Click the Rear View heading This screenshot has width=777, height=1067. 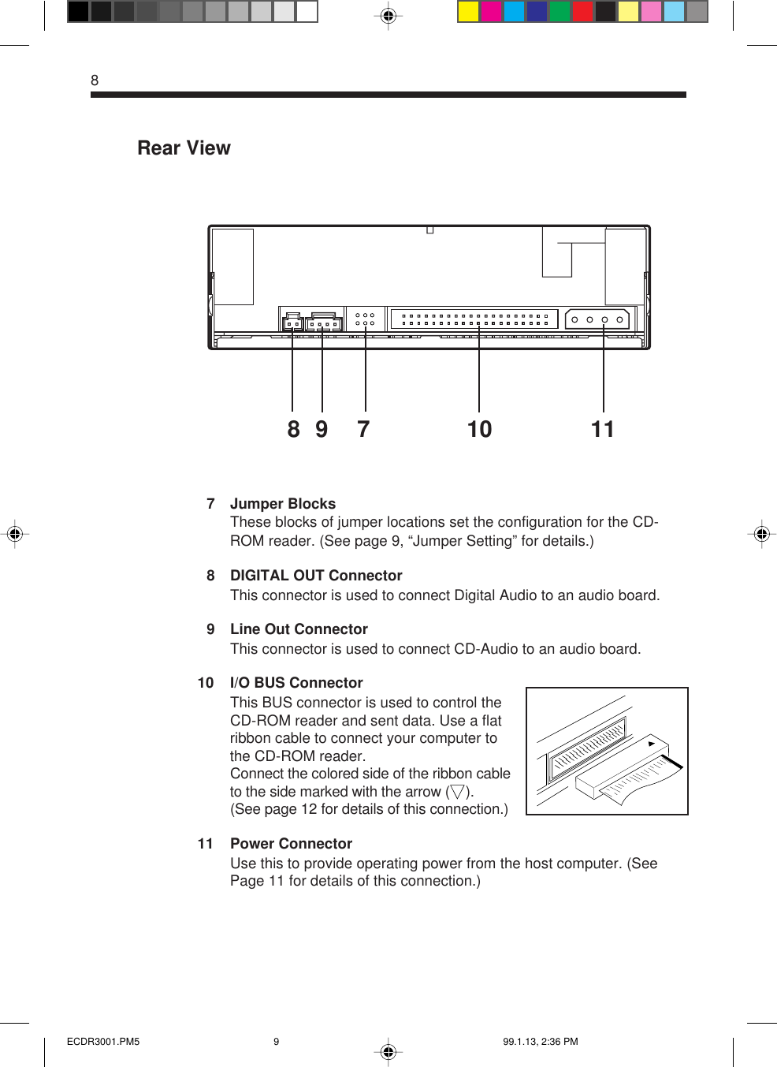click(184, 148)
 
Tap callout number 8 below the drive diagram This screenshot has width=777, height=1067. click(293, 429)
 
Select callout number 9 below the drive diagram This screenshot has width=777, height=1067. click(322, 429)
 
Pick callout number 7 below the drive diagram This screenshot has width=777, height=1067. click(363, 429)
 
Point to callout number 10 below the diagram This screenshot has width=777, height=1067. click(479, 429)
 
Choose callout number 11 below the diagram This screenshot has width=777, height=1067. click(603, 429)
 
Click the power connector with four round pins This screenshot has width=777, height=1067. click(597, 319)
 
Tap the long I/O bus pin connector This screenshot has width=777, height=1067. click(474, 319)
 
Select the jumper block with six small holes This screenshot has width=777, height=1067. click(365, 319)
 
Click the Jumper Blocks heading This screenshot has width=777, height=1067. click(283, 504)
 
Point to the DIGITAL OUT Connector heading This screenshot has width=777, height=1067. click(316, 576)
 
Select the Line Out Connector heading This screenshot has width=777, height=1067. click(299, 629)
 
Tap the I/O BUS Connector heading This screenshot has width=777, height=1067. click(296, 683)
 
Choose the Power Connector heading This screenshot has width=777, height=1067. click(291, 844)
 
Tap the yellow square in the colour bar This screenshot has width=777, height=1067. click(469, 12)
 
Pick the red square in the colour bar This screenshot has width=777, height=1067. click(582, 12)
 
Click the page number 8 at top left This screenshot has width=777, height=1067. click(95, 80)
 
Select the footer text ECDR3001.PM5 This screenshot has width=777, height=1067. click(103, 1042)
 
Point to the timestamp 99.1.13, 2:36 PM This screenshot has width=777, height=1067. click(541, 1042)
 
